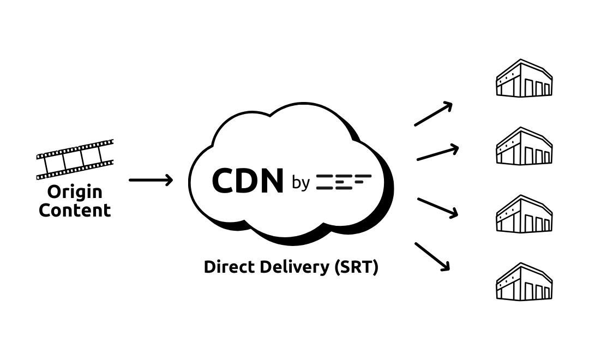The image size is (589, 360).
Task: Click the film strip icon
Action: coord(75,159)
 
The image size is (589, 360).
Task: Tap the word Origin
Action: coord(75,192)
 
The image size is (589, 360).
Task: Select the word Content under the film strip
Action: coord(75,211)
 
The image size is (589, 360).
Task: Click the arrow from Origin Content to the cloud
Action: coord(151,180)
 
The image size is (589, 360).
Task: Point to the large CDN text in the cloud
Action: coord(248,181)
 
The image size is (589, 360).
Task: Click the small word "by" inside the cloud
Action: coord(300,183)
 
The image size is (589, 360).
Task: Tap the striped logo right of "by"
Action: coord(344,182)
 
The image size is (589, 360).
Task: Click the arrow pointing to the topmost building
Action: coord(434,114)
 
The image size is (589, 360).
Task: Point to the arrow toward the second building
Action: coord(438,153)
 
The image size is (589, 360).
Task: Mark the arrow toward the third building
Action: coord(438,208)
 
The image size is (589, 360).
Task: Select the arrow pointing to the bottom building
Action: coord(432,257)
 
